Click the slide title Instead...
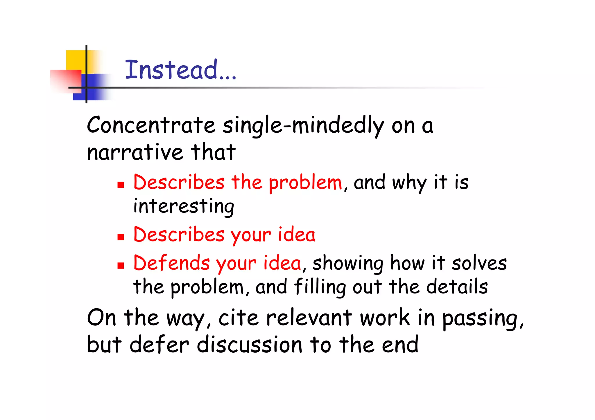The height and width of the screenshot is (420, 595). pyautogui.click(x=180, y=70)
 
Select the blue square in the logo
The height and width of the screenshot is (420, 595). pyautogui.click(x=94, y=87)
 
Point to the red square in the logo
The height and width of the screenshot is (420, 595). pyautogui.click(x=65, y=81)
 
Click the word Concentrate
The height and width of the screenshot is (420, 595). pyautogui.click(x=151, y=125)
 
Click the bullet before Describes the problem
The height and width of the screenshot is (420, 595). pyautogui.click(x=121, y=185)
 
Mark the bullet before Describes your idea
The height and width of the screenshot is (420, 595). pyautogui.click(x=121, y=237)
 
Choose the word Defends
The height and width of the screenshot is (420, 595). pyautogui.click(x=171, y=263)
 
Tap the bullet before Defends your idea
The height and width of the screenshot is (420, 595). pyautogui.click(x=121, y=265)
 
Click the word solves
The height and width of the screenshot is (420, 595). pyautogui.click(x=479, y=263)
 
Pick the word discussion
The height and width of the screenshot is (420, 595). pyautogui.click(x=250, y=345)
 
